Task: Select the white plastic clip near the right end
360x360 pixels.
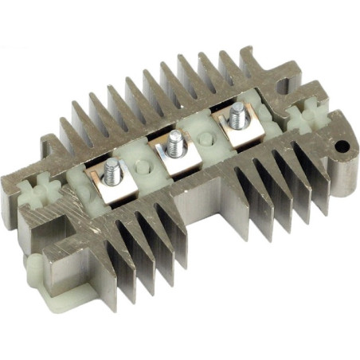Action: [302, 121]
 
